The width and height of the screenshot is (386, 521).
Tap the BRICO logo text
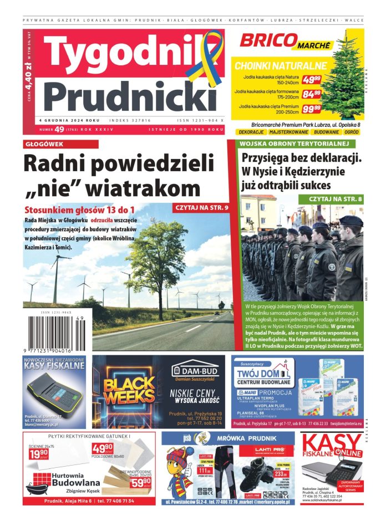click(x=266, y=40)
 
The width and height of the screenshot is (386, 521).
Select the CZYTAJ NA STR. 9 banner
click(x=201, y=208)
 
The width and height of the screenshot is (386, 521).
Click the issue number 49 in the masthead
click(x=60, y=129)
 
